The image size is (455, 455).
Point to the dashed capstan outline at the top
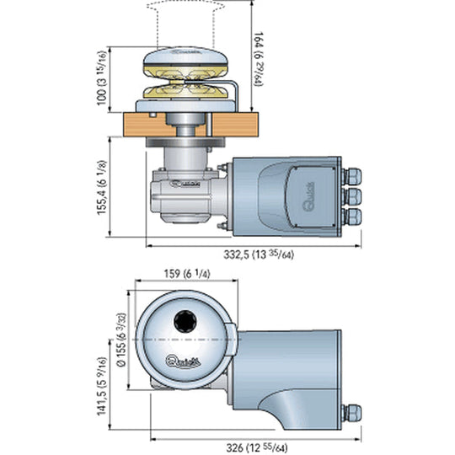[186, 17]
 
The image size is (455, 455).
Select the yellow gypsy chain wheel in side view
[186, 90]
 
